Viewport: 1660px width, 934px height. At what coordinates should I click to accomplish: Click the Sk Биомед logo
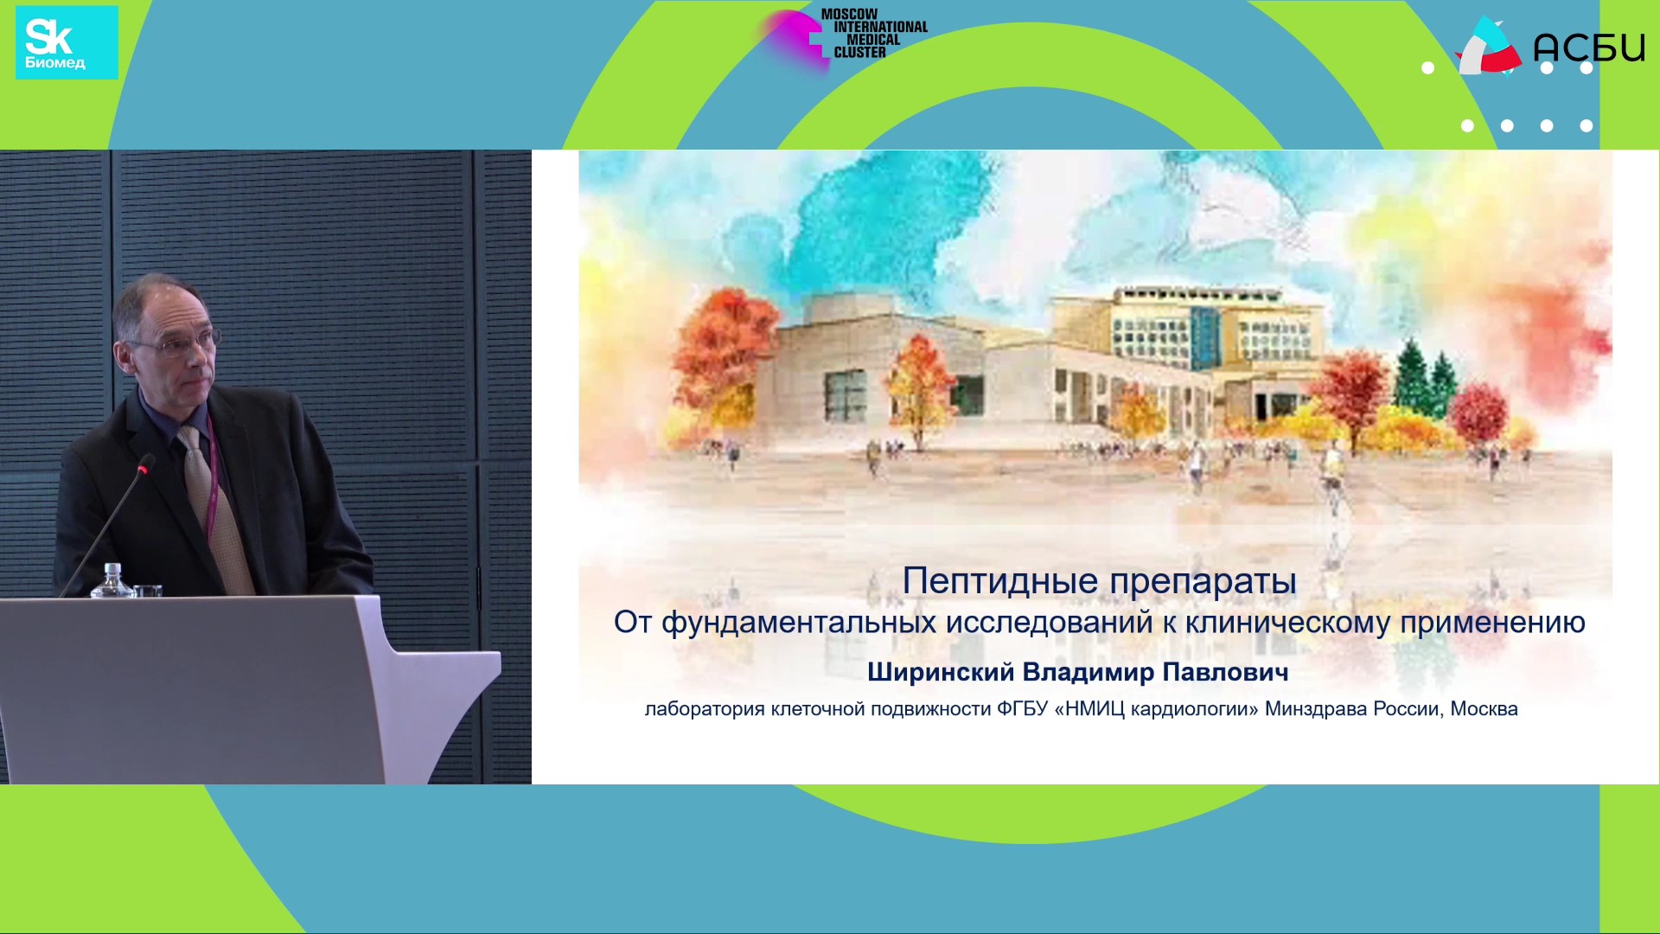[x=67, y=42]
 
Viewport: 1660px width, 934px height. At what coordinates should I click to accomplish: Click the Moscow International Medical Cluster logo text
[x=874, y=34]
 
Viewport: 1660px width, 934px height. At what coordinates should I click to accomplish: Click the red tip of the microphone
[x=145, y=466]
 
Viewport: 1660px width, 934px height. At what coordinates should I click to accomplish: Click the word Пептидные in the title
[x=1001, y=582]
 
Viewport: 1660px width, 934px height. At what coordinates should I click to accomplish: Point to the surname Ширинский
[x=941, y=673]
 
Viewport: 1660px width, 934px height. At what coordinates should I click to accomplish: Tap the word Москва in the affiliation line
[x=1484, y=709]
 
